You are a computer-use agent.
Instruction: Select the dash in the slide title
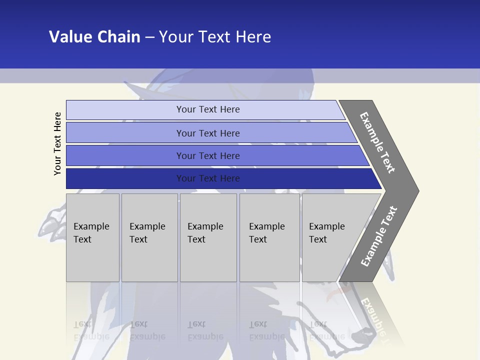[149, 37]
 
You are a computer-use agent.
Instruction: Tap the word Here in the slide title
[253, 37]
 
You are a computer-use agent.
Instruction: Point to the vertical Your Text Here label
[57, 143]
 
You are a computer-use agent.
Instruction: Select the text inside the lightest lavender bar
[208, 109]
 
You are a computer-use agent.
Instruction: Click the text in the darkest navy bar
[208, 178]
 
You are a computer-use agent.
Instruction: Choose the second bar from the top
[208, 133]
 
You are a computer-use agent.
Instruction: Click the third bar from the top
[208, 155]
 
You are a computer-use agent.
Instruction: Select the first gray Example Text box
[92, 237]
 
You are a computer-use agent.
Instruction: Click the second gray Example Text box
[149, 237]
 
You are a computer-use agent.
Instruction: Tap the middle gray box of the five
[208, 237]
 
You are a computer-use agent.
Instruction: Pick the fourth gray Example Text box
[269, 237]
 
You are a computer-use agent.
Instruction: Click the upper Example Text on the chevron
[377, 142]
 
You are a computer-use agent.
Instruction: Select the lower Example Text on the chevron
[379, 236]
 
